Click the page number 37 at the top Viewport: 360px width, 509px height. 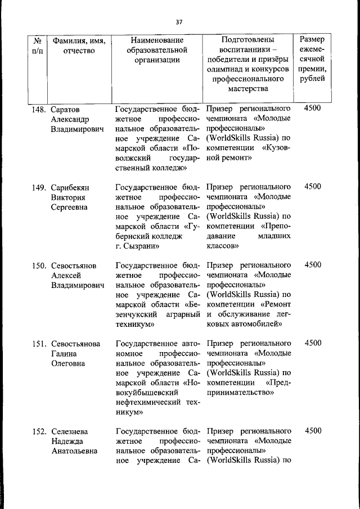tap(179, 22)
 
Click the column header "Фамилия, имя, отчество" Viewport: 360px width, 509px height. tap(79, 46)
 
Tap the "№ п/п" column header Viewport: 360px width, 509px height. tap(38, 46)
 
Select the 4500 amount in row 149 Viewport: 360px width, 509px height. tap(312, 186)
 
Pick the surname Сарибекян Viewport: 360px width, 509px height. tap(70, 187)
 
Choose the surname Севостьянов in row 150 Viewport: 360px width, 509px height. tap(74, 265)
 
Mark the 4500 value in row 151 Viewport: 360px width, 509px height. tap(312, 343)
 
